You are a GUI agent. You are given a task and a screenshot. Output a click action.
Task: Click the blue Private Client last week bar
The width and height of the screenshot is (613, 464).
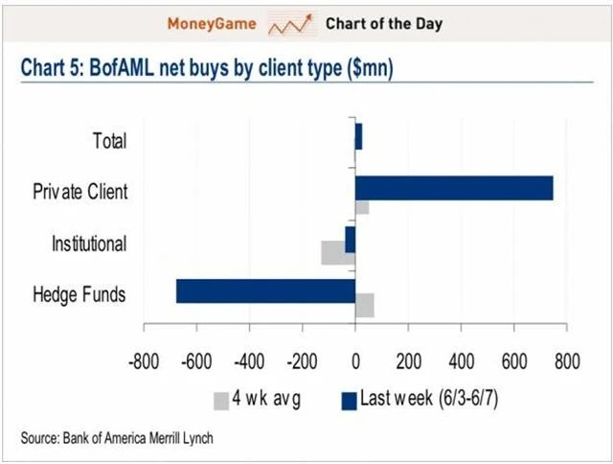(x=454, y=188)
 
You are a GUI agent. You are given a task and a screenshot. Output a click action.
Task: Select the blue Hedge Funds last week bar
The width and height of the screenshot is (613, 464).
(x=265, y=290)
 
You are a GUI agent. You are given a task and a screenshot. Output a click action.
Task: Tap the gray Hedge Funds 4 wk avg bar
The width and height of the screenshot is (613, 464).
(x=364, y=305)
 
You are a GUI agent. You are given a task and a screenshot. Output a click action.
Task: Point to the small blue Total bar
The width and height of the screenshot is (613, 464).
(x=358, y=137)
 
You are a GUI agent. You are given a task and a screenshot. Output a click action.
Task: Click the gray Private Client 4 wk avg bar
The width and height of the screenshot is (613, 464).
(x=362, y=207)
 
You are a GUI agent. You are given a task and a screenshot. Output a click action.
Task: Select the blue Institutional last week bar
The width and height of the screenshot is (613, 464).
(x=351, y=239)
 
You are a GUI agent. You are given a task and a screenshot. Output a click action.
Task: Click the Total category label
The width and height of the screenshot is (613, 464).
(x=109, y=141)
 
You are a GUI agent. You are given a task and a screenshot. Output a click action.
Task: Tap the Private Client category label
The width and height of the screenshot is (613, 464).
(x=80, y=192)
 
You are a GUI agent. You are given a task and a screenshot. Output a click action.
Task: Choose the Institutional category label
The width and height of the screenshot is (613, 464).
(x=88, y=244)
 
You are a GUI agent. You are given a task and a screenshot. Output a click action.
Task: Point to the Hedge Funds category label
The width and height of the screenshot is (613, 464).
(x=79, y=294)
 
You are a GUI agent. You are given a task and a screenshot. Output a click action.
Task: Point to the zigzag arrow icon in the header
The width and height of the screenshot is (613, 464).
(x=292, y=22)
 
